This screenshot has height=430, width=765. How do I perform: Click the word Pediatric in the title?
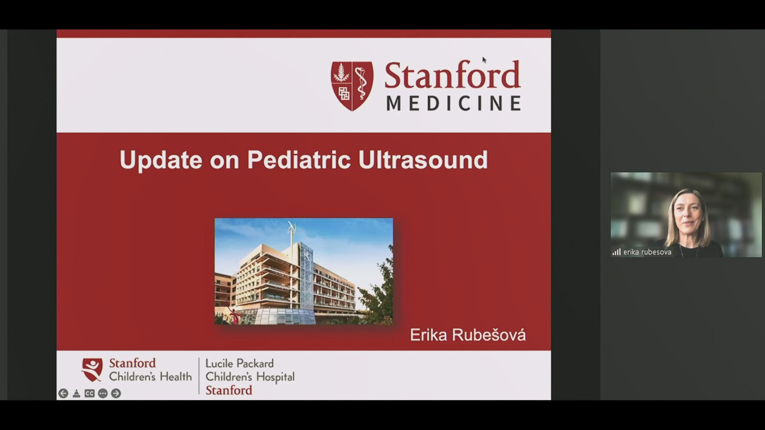299,159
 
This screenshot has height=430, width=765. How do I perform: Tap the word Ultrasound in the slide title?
423,159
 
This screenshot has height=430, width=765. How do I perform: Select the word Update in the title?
161,160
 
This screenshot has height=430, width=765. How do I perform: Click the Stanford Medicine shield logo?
352,86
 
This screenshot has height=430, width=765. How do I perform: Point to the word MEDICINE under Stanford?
454,103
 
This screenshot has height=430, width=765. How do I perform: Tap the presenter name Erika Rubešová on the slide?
468,335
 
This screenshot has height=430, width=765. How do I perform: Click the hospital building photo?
304,271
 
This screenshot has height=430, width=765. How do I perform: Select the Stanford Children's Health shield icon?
92,370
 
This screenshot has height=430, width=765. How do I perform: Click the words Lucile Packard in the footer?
240,364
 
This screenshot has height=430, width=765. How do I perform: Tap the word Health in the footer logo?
176,376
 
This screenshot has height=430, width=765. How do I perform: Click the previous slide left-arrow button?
63,394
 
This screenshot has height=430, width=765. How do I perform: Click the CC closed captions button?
90,394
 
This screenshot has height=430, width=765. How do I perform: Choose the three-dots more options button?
103,394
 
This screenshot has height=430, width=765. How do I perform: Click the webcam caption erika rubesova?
647,252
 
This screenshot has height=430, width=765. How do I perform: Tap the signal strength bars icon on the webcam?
616,252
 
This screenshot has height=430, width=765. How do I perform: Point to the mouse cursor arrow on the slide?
484,60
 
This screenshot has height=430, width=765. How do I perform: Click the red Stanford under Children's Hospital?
229,390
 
